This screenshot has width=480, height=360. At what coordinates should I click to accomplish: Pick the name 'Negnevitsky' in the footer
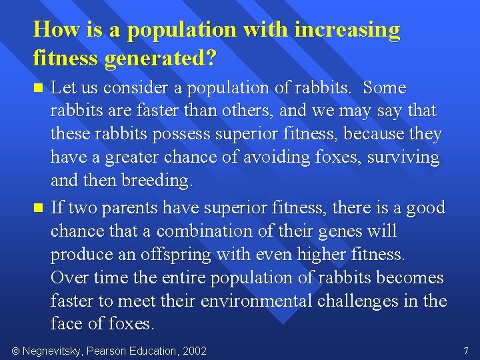(x=52, y=351)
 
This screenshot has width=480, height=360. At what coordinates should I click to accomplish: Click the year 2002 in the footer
(x=194, y=351)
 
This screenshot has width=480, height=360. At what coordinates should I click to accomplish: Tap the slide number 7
(x=466, y=351)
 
